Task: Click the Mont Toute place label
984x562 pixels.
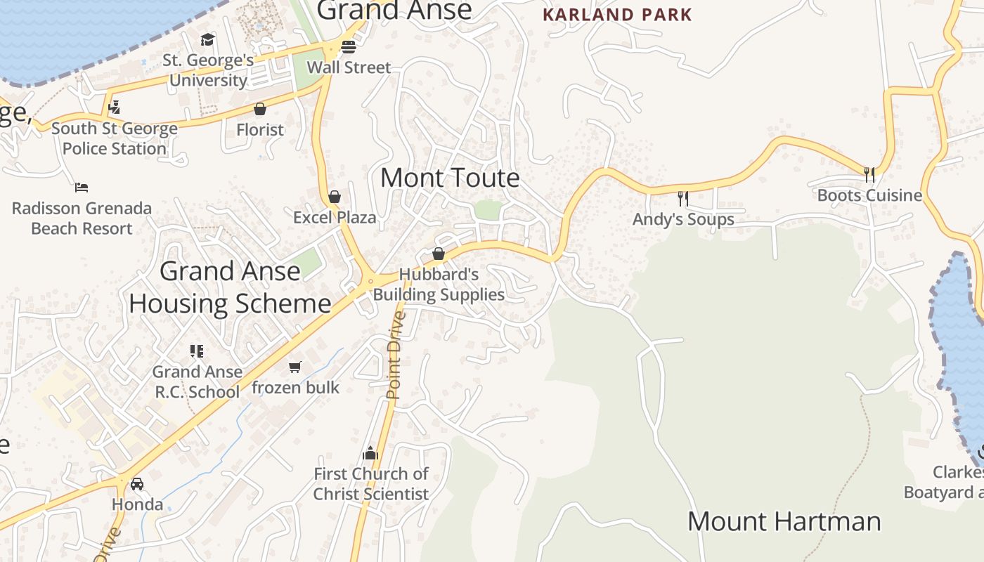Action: (450, 178)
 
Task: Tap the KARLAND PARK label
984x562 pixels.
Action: (617, 14)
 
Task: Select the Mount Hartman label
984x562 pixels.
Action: (784, 521)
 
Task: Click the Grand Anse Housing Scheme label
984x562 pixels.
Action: (230, 287)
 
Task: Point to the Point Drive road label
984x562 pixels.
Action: (395, 355)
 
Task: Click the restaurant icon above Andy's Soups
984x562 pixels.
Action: (682, 199)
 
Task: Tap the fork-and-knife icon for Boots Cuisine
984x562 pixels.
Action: (869, 174)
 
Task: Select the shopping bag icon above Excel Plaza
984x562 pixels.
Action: (335, 197)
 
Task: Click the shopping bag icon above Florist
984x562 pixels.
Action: (260, 109)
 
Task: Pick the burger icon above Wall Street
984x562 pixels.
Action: (349, 47)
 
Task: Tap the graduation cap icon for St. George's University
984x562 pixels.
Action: (207, 39)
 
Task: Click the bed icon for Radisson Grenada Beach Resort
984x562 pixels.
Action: (82, 188)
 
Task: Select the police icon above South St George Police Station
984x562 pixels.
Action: (114, 107)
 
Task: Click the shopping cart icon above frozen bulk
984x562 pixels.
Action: (295, 367)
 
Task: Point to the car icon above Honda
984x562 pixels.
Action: (137, 484)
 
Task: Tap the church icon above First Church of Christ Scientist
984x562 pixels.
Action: (370, 453)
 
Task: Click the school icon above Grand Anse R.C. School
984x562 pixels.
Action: (197, 351)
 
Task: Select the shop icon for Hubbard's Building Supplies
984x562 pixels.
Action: (439, 254)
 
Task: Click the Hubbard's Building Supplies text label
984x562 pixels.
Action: (439, 285)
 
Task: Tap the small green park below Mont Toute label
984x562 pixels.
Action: (488, 209)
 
